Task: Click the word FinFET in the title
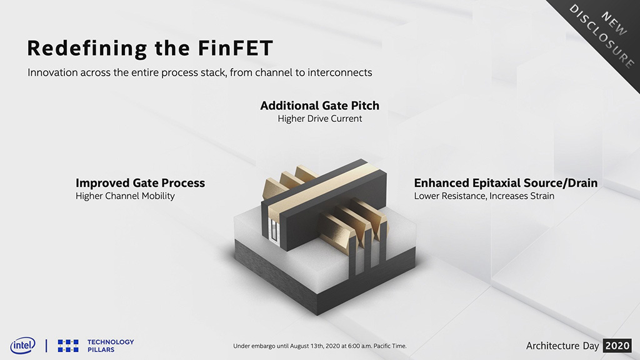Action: (236, 47)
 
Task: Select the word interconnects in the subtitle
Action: (339, 72)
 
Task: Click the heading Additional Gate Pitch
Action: (320, 105)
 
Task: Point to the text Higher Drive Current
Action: (320, 119)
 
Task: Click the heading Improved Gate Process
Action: (141, 183)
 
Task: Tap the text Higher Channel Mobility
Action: (125, 196)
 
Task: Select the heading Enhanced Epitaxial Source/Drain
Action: (506, 183)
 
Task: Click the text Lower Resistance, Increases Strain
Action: (484, 196)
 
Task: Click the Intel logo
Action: (23, 346)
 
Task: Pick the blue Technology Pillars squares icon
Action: (68, 346)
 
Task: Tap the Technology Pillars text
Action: (111, 346)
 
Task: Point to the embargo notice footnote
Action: (319, 346)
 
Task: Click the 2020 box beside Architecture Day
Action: (617, 346)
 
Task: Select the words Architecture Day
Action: (562, 346)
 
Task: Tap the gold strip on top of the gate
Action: (322, 184)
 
